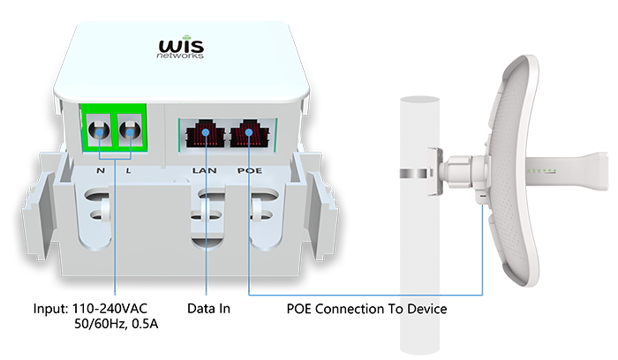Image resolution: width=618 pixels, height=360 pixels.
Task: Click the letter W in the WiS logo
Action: point(169,45)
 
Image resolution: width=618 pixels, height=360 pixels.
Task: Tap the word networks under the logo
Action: point(183,56)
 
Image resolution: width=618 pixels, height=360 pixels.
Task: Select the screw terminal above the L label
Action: point(132,133)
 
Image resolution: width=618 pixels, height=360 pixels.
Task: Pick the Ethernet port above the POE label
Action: point(248,135)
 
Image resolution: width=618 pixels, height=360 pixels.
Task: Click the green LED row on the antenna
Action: point(540,169)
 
